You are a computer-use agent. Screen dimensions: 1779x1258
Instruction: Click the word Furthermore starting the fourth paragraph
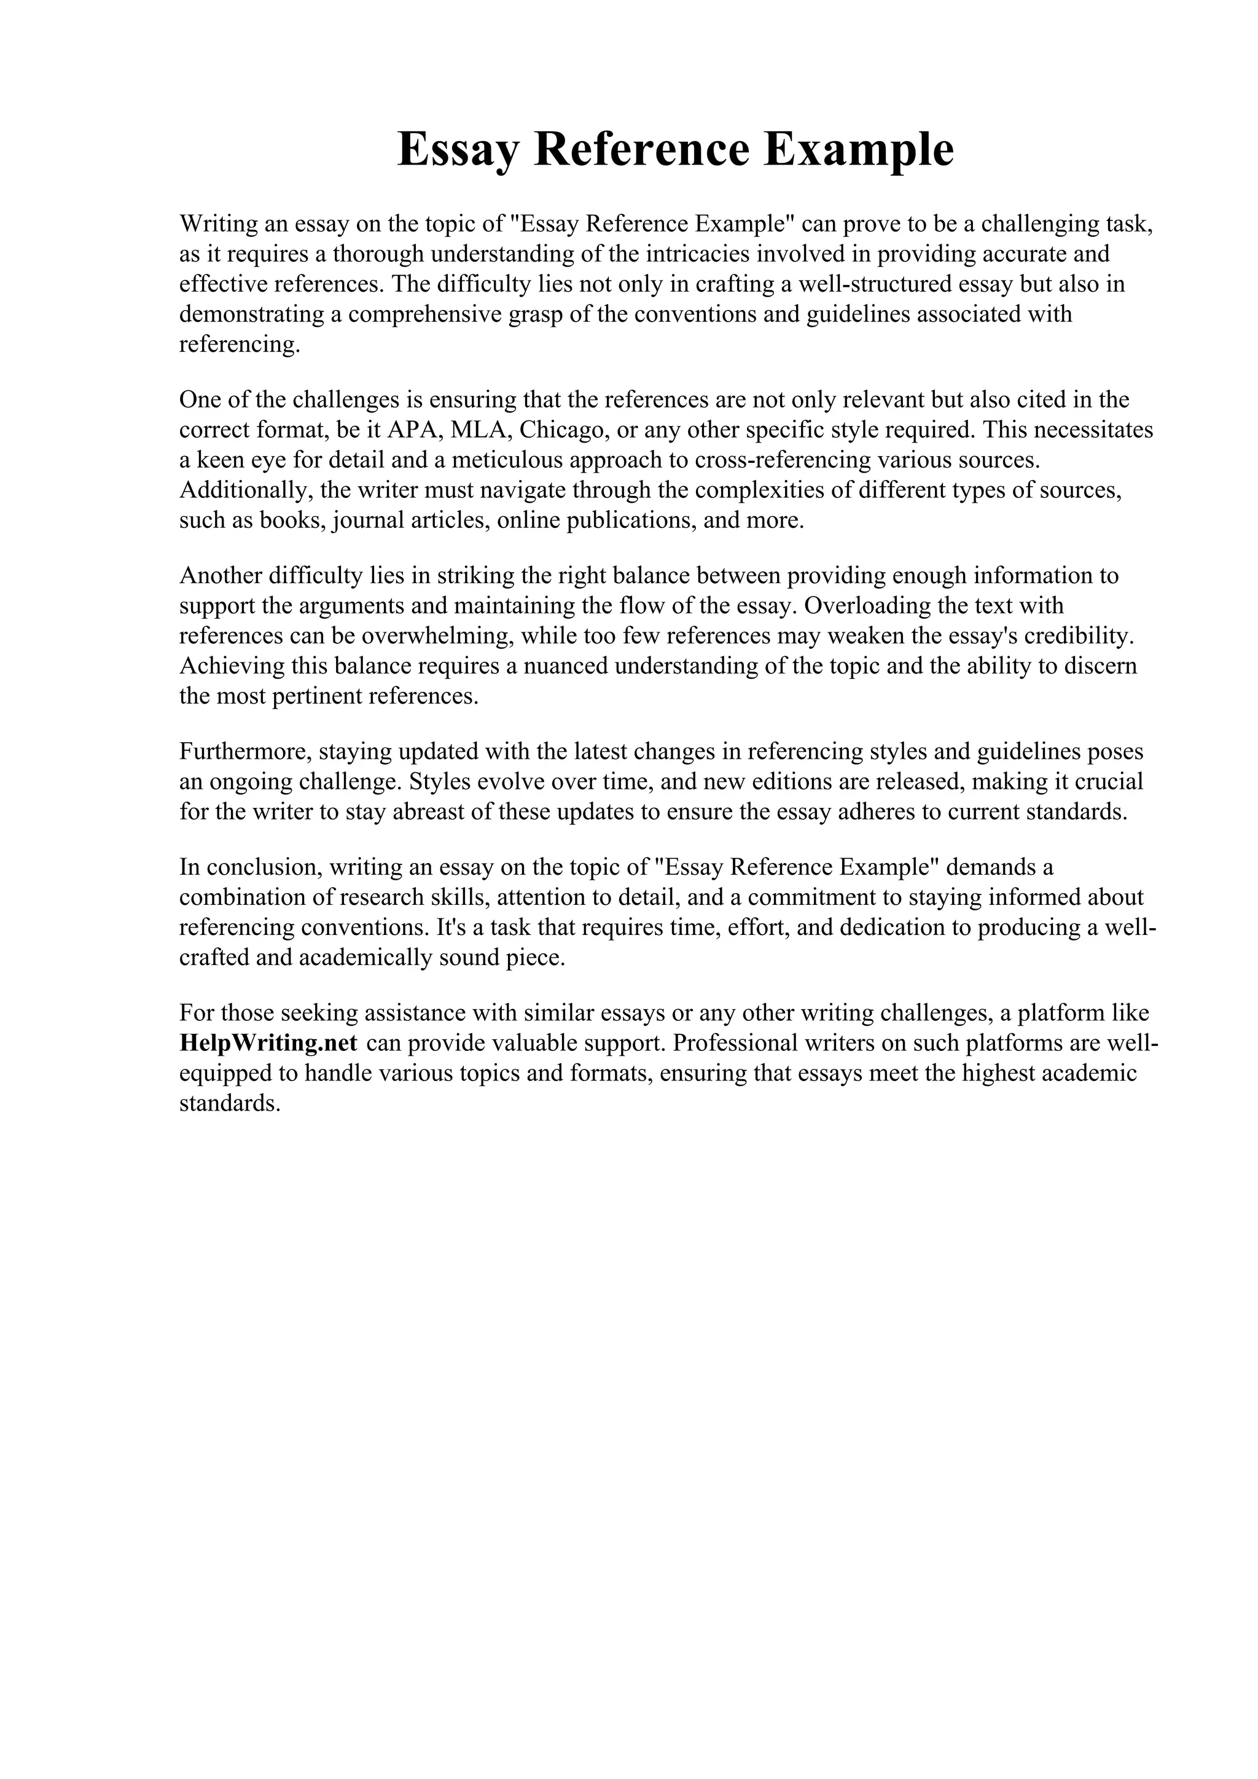[x=243, y=751]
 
